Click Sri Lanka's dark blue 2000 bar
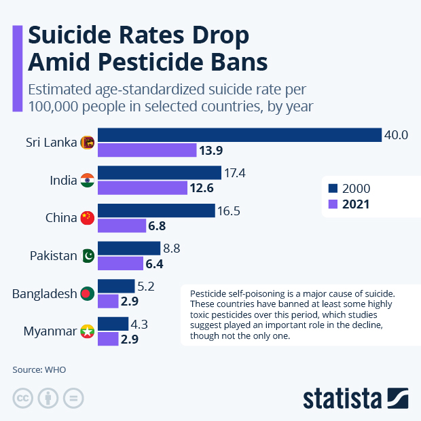[x=240, y=135]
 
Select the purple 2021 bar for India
[x=143, y=188]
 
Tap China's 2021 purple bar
[x=122, y=225]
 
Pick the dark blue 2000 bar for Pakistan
[x=129, y=249]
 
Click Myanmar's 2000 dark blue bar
[x=113, y=324]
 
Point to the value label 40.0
[x=396, y=135]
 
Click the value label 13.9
[x=211, y=150]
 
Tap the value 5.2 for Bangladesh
[x=147, y=287]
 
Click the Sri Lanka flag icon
[x=87, y=143]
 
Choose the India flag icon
[x=87, y=181]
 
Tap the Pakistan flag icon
[x=87, y=256]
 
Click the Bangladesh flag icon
[x=87, y=294]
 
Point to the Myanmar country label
[x=48, y=331]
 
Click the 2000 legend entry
[x=349, y=188]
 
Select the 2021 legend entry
[x=349, y=204]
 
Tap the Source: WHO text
[x=39, y=370]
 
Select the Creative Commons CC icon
[x=23, y=397]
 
